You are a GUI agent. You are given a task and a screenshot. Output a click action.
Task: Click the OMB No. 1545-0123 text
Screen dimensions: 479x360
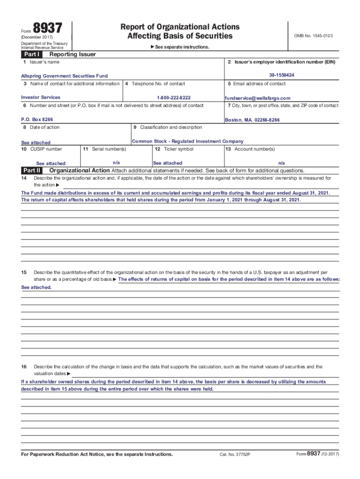[x=313, y=36]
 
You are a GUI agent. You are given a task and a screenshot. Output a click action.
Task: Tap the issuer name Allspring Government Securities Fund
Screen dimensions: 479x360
[x=65, y=76]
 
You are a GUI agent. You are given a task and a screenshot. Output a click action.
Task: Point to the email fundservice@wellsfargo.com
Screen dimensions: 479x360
[x=258, y=98]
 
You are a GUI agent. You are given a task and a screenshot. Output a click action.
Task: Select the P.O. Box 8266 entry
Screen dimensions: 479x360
[x=37, y=120]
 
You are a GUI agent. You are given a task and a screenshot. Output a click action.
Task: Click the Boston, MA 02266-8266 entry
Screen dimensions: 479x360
[x=252, y=120]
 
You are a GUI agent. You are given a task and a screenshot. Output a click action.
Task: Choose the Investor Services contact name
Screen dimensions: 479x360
[x=41, y=97]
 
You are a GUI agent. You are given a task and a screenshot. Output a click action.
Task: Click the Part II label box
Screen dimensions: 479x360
[x=32, y=170]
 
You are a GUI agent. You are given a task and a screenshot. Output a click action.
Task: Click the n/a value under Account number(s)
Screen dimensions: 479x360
[x=281, y=163]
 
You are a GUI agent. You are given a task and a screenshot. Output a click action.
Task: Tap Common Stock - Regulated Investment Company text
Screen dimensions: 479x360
[x=188, y=141]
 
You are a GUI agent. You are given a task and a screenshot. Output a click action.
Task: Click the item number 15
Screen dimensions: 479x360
[x=24, y=272]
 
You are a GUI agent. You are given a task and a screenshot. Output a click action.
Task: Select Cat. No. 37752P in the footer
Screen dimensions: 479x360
[x=235, y=455]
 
